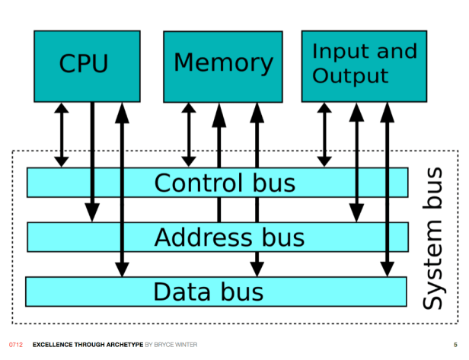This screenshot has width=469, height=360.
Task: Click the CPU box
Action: coord(87,66)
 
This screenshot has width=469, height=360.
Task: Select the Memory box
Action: coord(223,67)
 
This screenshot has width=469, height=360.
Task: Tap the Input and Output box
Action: coord(364,66)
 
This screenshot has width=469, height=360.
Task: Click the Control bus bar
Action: coord(218,183)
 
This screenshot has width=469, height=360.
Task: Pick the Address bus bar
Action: coord(218,237)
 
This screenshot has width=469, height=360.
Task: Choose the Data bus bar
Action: coord(216,292)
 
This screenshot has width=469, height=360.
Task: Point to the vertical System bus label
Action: coord(432,238)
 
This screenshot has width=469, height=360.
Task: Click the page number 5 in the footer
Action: coord(455,345)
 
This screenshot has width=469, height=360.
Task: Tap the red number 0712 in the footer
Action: coord(16,345)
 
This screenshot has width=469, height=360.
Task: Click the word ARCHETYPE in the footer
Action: coord(124,345)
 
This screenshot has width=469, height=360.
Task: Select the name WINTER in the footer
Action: coord(186,345)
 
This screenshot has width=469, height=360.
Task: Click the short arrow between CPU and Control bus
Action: coord(62,135)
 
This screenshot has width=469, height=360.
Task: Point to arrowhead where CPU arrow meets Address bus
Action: coord(92,212)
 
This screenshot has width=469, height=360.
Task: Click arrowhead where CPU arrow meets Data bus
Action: coord(122,269)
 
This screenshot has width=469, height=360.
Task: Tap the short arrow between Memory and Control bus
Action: coord(189,135)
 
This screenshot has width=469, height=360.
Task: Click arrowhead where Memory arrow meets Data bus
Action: coord(257,269)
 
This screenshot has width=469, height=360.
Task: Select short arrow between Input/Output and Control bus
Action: coord(324,135)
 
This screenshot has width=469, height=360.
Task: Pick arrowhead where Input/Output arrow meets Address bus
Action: coord(356,212)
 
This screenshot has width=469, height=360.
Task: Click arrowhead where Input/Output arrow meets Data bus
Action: coord(387,269)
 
